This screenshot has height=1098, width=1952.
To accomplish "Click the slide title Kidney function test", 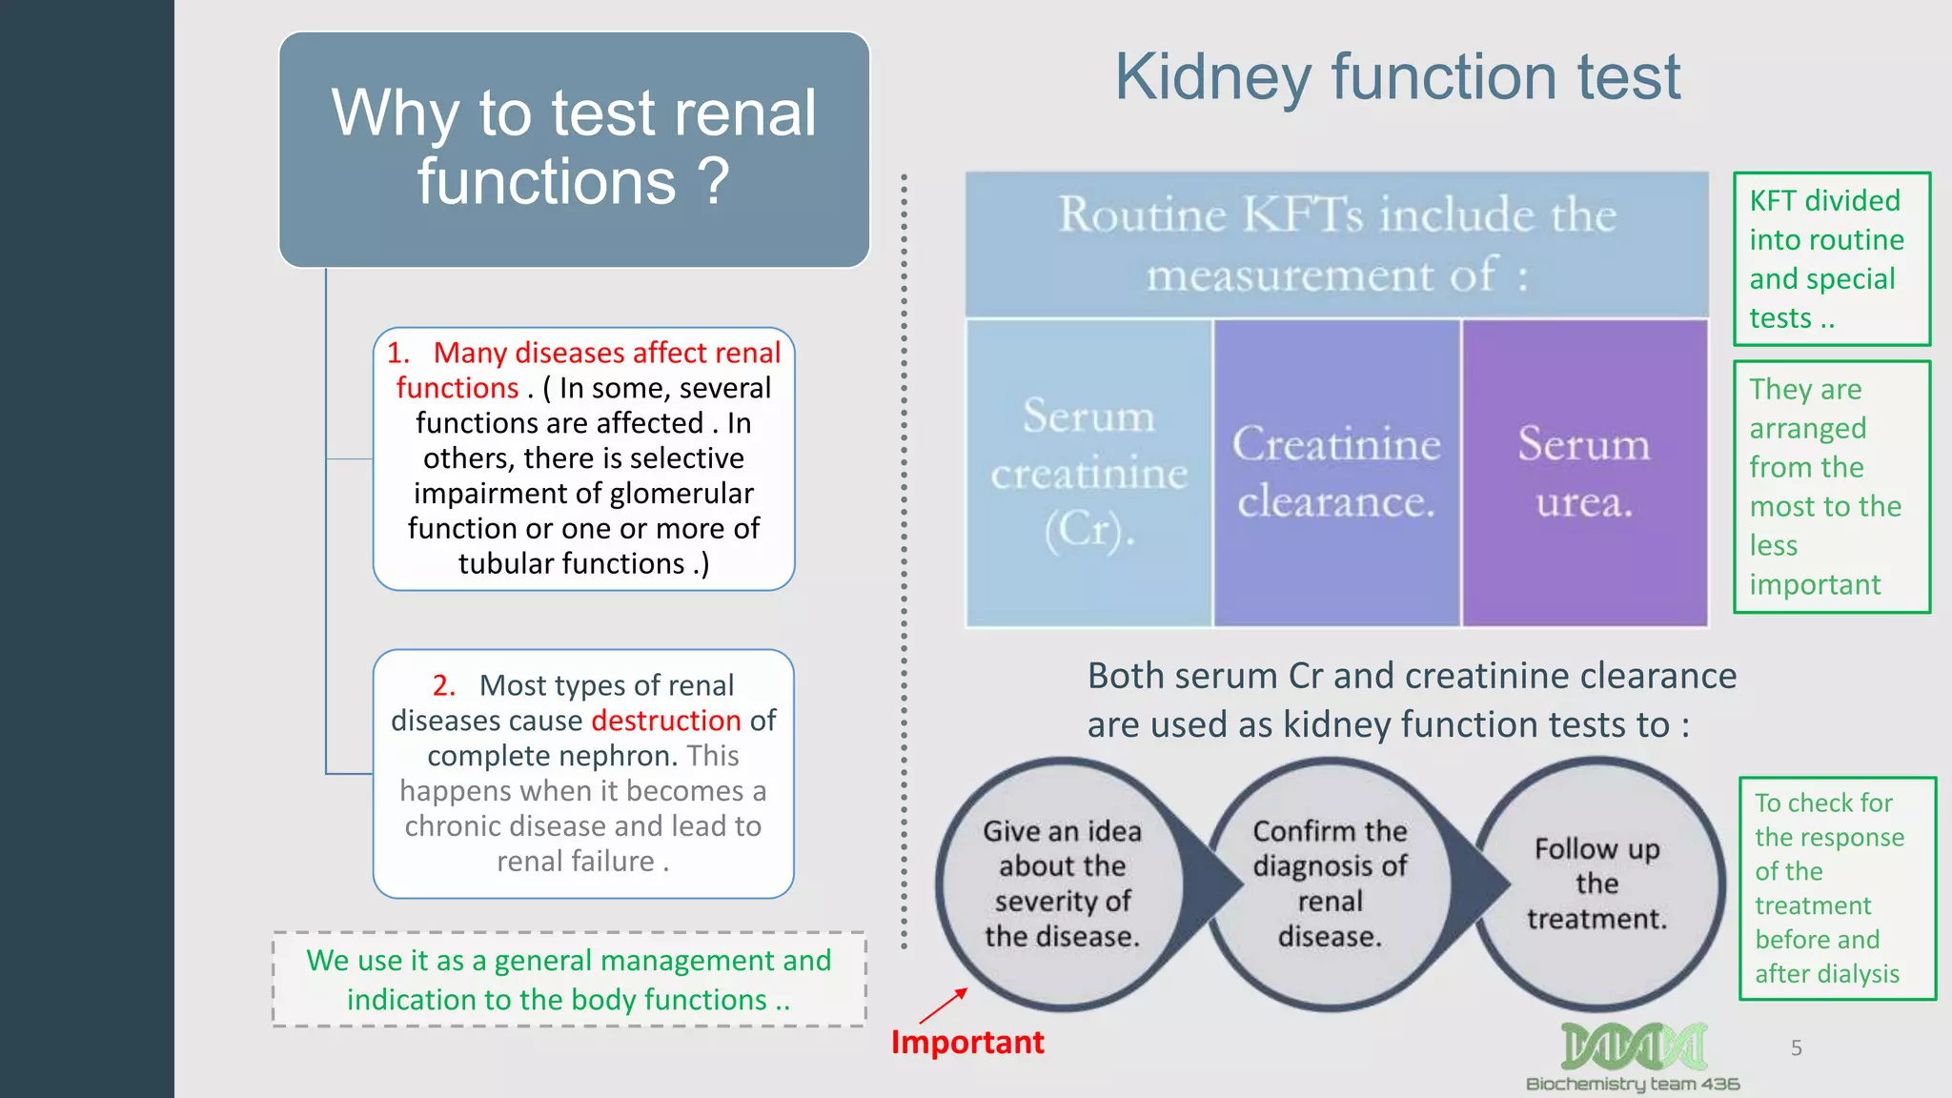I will click(x=1397, y=77).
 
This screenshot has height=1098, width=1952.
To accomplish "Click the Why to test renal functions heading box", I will click(x=574, y=149).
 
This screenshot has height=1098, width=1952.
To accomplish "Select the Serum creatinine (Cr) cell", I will click(x=1088, y=473).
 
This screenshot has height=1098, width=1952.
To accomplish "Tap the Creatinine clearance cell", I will click(x=1336, y=473).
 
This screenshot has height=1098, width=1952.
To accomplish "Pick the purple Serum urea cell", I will click(x=1584, y=473).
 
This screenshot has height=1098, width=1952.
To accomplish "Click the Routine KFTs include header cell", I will click(x=1336, y=244).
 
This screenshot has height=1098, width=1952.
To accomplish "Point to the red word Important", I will click(x=967, y=1042).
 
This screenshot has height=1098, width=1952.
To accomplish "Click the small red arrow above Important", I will click(x=944, y=1006).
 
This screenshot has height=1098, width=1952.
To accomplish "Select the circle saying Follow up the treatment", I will click(x=1597, y=884).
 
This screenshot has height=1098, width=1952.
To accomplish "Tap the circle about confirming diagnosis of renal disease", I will click(x=1330, y=884).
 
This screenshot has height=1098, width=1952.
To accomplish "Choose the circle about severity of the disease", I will click(x=1062, y=884).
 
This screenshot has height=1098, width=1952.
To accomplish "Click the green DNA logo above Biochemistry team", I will click(x=1633, y=1047).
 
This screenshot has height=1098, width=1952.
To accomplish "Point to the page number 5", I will click(x=1796, y=1048).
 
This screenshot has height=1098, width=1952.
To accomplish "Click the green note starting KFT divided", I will click(x=1831, y=258).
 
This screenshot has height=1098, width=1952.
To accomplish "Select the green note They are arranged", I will click(x=1831, y=486).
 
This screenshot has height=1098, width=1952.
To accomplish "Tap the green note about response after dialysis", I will click(x=1837, y=887).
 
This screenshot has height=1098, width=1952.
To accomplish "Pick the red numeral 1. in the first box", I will click(x=398, y=353).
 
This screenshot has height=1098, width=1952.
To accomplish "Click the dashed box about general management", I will click(x=569, y=979).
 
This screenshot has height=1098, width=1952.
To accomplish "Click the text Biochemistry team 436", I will click(x=1633, y=1084).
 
